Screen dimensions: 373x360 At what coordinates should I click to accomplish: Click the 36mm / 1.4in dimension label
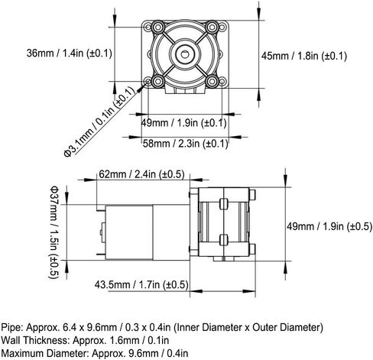coord(69,54)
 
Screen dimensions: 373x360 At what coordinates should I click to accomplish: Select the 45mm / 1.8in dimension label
coord(304,56)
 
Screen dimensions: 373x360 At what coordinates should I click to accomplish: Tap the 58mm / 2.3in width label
coord(185,144)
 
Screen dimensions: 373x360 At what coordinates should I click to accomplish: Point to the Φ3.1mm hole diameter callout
coord(99,122)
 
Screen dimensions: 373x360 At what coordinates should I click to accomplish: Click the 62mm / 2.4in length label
coord(141,174)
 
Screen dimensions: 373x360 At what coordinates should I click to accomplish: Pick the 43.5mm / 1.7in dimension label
coord(141,284)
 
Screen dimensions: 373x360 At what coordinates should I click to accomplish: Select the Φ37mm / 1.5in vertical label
coord(54,232)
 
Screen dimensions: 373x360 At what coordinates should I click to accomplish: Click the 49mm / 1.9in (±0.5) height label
coord(329,226)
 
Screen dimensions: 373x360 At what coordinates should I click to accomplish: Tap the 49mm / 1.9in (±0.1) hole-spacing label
coord(183,123)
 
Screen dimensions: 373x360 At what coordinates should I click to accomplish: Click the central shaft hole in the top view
coord(184,54)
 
